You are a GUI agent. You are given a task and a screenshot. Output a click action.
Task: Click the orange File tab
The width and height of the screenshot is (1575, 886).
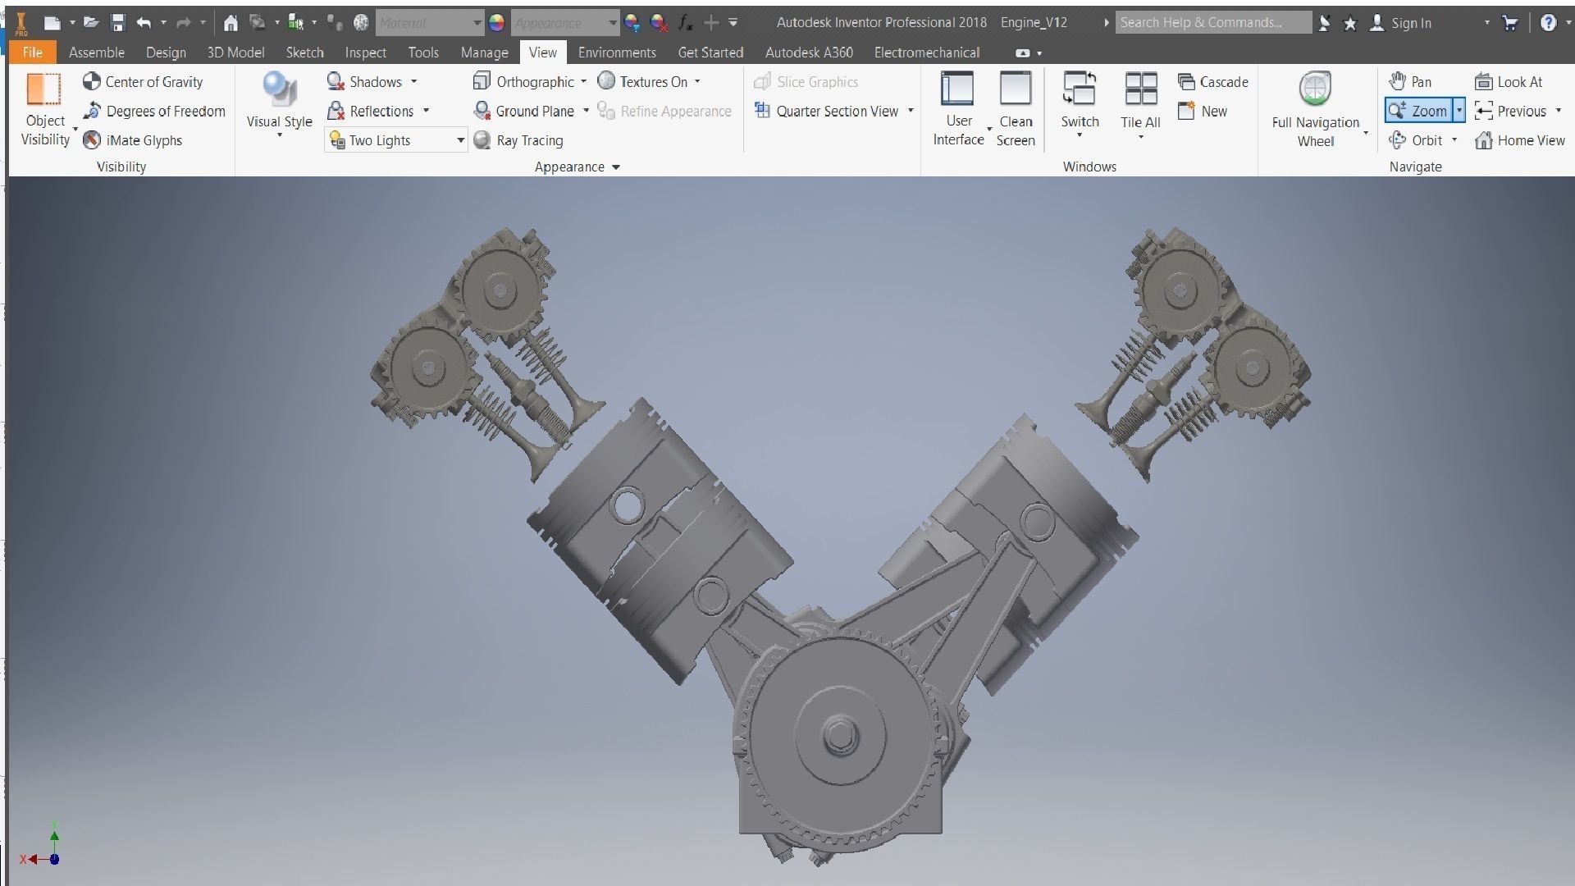tap(32, 53)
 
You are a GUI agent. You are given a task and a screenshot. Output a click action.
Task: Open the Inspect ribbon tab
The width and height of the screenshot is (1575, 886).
tap(365, 53)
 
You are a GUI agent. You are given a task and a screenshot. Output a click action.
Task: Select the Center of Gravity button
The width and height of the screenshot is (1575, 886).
tap(143, 82)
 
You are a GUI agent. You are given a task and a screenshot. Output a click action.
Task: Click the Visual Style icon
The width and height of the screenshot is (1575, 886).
tap(279, 90)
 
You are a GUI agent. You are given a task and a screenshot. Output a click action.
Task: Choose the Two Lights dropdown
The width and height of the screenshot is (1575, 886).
tap(395, 140)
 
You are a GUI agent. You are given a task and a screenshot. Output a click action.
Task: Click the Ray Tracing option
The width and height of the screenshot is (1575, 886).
tap(518, 140)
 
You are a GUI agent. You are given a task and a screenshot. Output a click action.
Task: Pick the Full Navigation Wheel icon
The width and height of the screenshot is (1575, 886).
tap(1315, 89)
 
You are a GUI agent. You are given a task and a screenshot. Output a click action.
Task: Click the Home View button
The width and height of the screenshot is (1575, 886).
tap(1520, 140)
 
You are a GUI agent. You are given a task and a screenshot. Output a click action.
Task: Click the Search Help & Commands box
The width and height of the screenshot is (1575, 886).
tap(1212, 23)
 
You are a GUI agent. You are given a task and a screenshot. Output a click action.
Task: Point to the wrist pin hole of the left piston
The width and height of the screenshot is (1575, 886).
tap(627, 505)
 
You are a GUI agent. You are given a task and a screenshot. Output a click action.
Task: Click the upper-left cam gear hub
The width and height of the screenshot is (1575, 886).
tap(500, 290)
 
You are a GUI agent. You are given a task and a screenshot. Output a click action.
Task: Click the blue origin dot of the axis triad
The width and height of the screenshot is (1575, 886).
tap(54, 859)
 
